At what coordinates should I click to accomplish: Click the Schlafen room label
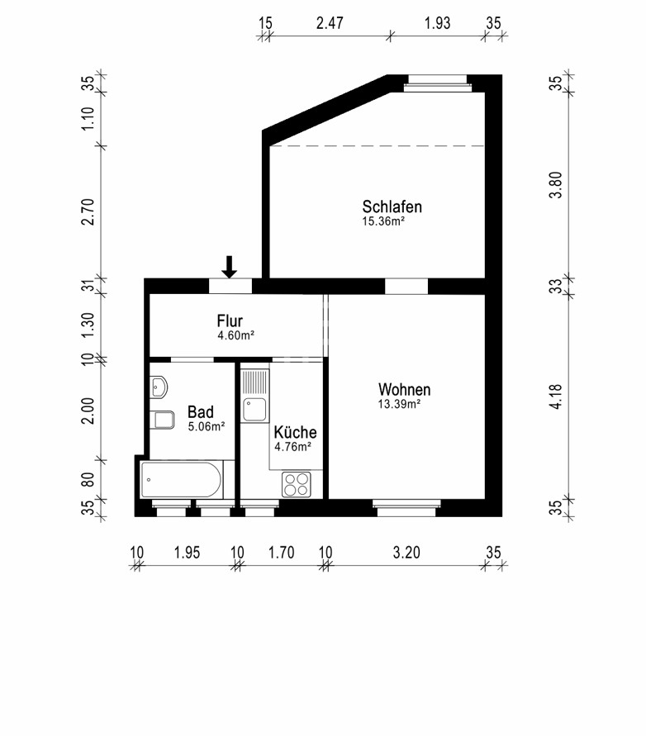click(x=392, y=207)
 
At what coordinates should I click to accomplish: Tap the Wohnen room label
click(x=404, y=389)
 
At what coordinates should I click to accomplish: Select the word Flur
click(x=230, y=321)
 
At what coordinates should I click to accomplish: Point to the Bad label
click(x=201, y=411)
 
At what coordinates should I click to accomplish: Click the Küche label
click(x=295, y=432)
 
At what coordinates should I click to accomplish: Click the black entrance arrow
click(x=229, y=267)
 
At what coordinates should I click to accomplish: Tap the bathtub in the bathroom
click(x=181, y=480)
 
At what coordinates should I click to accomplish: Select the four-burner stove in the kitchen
click(x=297, y=484)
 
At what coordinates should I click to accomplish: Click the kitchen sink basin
click(x=255, y=410)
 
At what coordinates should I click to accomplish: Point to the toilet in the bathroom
click(x=163, y=420)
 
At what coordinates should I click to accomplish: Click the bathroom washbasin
click(x=159, y=387)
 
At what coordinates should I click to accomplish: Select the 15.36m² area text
click(x=383, y=221)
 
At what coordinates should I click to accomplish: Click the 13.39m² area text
click(x=399, y=404)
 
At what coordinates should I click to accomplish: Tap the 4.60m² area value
click(x=235, y=335)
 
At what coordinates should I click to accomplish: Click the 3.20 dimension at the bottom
click(x=406, y=552)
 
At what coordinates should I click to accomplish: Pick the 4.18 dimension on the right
click(x=555, y=396)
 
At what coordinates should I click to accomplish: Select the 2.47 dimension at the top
click(x=330, y=22)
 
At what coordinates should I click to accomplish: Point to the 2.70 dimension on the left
click(x=88, y=211)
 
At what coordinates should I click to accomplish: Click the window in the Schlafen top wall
click(x=438, y=83)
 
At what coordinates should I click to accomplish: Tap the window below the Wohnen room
click(x=406, y=508)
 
